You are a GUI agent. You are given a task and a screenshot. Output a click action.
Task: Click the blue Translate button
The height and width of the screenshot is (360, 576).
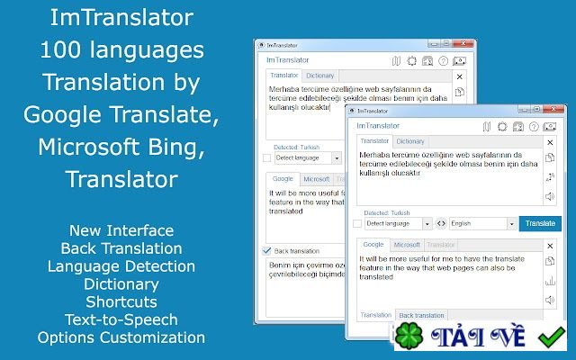(540, 223)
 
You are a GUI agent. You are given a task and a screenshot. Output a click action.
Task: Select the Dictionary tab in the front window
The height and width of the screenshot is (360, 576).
(410, 141)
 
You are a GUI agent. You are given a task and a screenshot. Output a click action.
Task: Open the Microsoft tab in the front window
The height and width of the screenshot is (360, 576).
(407, 245)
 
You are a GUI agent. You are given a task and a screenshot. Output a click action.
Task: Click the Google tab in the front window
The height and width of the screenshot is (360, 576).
(373, 245)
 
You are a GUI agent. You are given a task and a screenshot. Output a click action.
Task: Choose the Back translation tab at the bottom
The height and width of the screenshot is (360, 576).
(421, 316)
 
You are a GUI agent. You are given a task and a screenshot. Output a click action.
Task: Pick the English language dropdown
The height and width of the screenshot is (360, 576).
(481, 223)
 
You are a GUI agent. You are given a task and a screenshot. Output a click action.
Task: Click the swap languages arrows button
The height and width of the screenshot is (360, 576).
(441, 223)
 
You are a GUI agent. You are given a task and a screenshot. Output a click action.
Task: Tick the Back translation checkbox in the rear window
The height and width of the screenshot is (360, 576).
(266, 250)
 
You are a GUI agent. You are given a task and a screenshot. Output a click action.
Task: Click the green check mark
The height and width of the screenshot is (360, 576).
(550, 338)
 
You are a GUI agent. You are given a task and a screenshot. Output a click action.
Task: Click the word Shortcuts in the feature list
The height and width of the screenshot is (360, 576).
(121, 301)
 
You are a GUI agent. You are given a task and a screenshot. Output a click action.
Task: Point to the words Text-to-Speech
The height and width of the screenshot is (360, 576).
(121, 319)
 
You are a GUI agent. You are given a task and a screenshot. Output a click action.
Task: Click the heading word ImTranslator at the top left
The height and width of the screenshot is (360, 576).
(121, 17)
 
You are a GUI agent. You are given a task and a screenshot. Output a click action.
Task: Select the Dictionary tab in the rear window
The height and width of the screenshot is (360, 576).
(319, 76)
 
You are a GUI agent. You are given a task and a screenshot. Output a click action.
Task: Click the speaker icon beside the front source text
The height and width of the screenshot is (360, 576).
(549, 196)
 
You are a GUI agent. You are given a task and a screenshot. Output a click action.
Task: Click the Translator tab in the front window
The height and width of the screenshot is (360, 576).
(374, 141)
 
